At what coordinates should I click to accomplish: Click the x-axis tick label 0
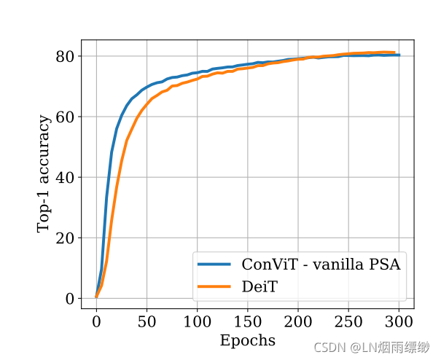[96, 322]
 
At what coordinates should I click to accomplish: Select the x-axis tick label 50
[147, 322]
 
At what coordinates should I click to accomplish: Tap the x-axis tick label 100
[198, 322]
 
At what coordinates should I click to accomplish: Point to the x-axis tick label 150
[248, 322]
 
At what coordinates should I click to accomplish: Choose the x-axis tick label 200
[298, 322]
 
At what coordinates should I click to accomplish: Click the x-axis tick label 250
[349, 322]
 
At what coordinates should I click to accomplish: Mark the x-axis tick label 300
[399, 322]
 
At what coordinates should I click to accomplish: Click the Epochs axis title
[248, 340]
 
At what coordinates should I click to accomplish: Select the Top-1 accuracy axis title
[44, 172]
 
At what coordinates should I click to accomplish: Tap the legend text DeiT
[260, 287]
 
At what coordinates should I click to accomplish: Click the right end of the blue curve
[399, 55]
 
